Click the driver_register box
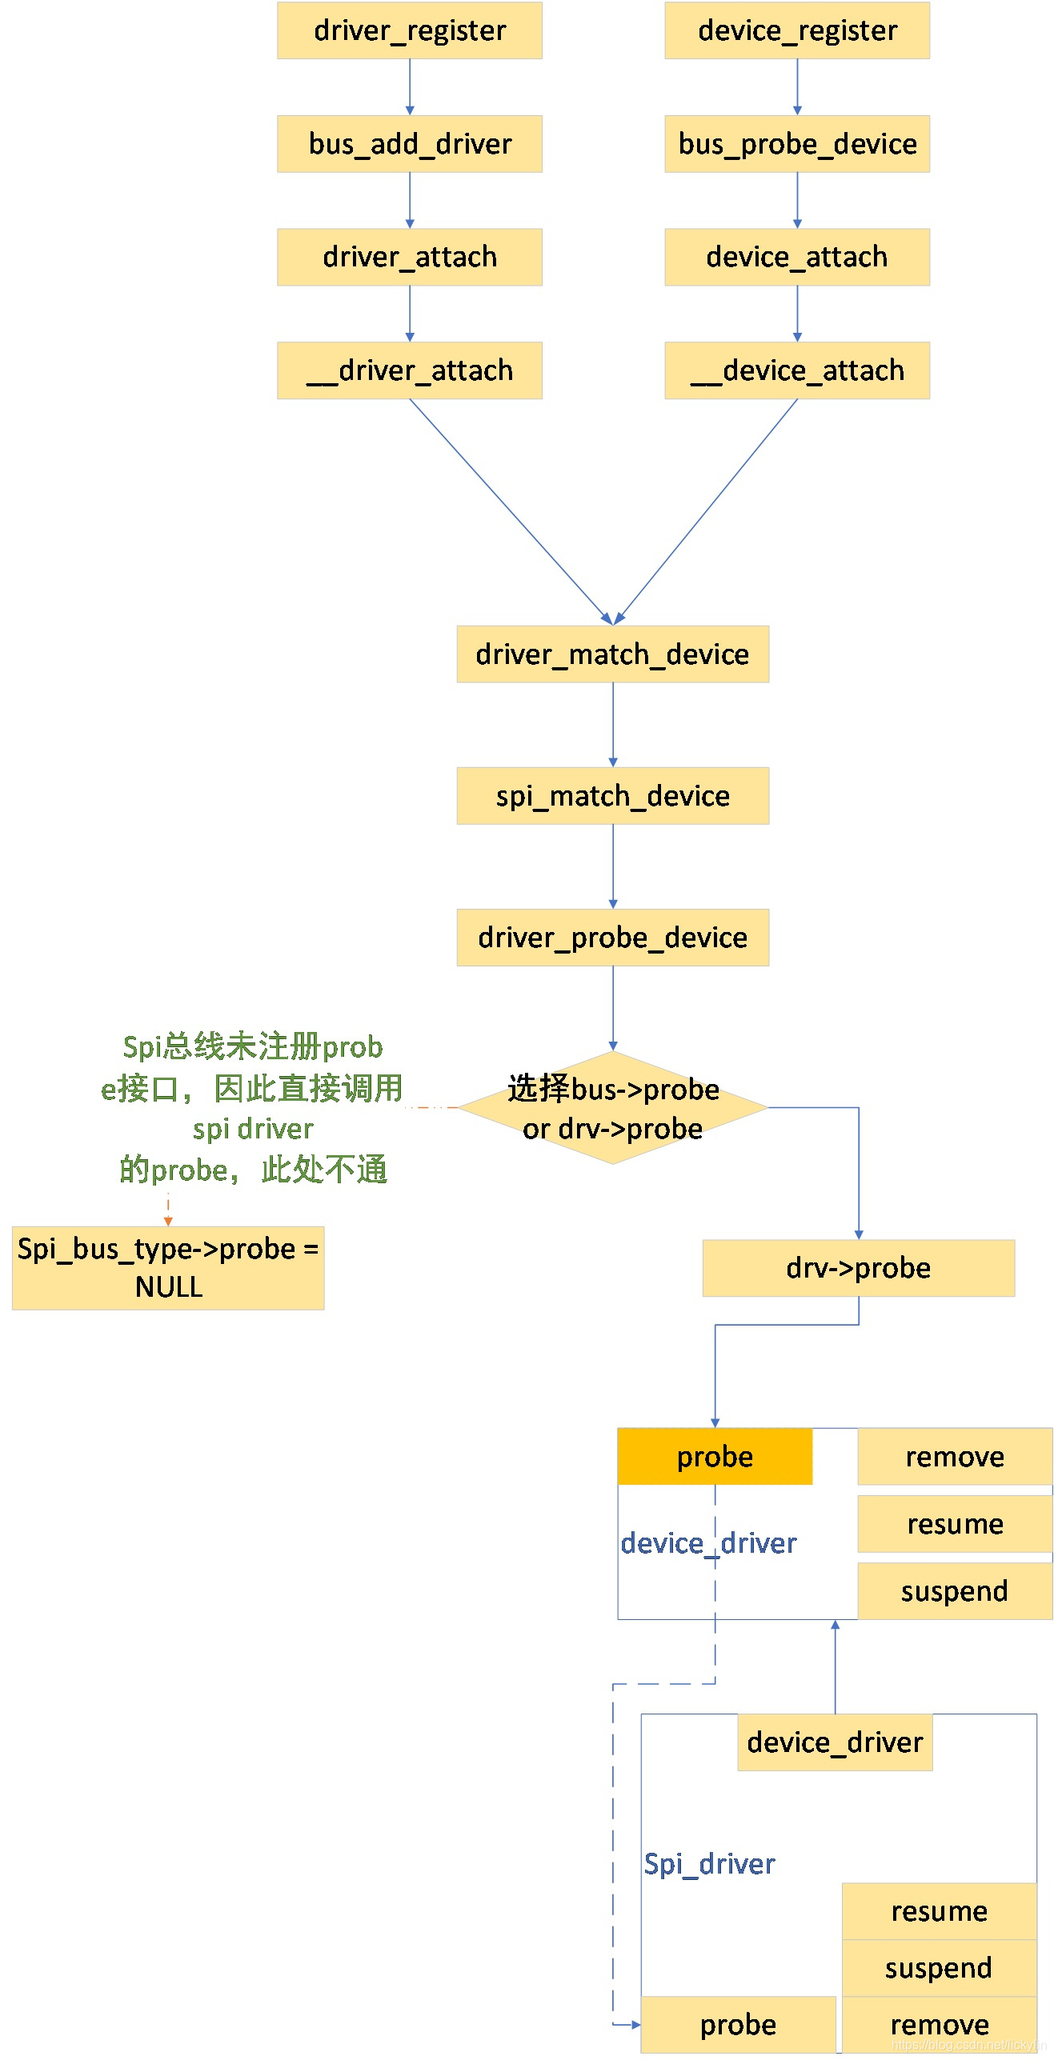pos(409,30)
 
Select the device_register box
pos(796,30)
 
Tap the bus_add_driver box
pos(409,144)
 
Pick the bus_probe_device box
pos(796,144)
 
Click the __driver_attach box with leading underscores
pos(409,370)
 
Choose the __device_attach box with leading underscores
pos(796,370)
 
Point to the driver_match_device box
pos(612,654)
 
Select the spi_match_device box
pos(612,796)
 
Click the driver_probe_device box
pos(612,938)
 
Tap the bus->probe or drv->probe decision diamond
pos(612,1108)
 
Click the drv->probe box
pos(858,1268)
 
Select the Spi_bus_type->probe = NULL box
pos(168,1268)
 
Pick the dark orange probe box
pos(715,1457)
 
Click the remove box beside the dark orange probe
pos(954,1457)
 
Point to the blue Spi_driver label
pos(709,1864)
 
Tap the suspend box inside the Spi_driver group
pos(939,1968)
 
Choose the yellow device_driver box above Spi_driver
pos(835,1742)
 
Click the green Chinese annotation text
pos(253,1108)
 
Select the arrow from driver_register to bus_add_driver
pos(410,87)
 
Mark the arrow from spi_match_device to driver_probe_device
pos(613,866)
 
